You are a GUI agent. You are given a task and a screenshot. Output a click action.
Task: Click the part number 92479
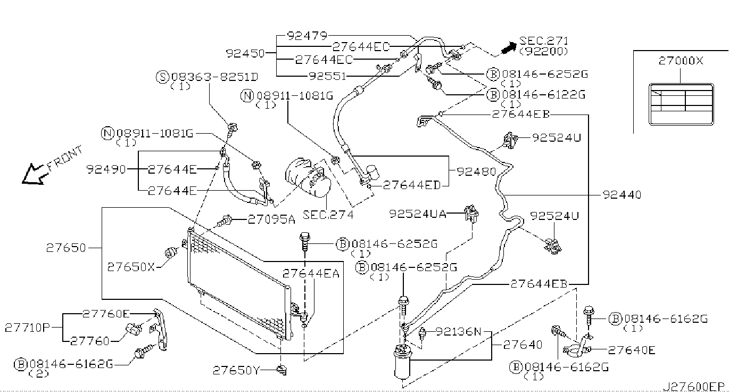point(306,36)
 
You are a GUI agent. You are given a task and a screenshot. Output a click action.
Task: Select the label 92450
point(245,53)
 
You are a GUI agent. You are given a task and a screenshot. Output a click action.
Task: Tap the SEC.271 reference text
point(544,41)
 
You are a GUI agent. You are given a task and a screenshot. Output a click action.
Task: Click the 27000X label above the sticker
point(681,61)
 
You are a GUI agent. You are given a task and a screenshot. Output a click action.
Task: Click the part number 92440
point(622,195)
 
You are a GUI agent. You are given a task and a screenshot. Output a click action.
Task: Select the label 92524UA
point(418,214)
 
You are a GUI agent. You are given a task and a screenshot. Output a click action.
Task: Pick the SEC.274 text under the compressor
point(328,215)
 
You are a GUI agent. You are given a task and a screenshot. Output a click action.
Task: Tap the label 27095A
point(271,219)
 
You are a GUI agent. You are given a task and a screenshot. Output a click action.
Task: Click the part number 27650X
point(131,267)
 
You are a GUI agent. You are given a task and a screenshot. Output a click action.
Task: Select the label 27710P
point(27,327)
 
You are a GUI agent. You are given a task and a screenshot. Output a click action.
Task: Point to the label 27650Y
point(236,370)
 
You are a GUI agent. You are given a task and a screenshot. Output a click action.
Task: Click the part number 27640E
point(632,350)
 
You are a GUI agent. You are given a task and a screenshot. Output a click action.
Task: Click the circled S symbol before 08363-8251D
point(163,77)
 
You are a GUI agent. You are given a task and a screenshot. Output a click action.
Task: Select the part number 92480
point(476,171)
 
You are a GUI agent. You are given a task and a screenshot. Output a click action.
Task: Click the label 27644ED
point(412,185)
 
